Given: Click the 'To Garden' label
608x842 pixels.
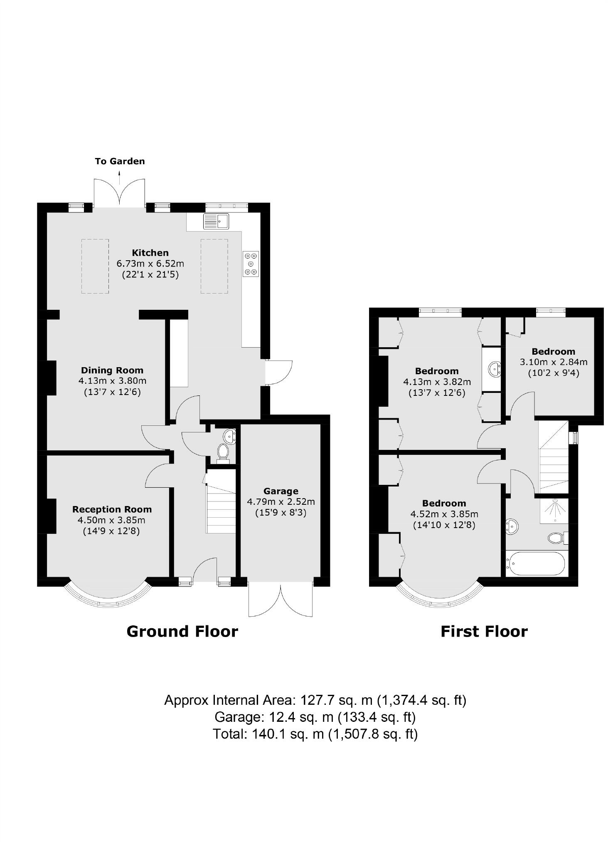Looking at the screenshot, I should [x=120, y=161].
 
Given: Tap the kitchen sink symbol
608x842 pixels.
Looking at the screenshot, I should [x=216, y=221].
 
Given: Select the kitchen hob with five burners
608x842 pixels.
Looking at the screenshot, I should [x=251, y=264].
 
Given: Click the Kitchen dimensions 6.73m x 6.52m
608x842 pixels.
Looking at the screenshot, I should [x=150, y=264].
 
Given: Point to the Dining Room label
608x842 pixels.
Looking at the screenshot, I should [x=112, y=370].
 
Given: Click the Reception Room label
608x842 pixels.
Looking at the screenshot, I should [x=112, y=509].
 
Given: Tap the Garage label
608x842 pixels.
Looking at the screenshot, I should [x=281, y=491].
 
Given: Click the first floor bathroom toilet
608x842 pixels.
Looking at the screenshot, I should [x=556, y=538].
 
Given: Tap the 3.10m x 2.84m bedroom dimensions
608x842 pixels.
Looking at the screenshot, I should [x=554, y=362].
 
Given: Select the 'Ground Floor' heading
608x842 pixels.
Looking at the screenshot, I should [x=182, y=632].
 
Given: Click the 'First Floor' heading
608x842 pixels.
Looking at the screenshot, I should [x=484, y=632].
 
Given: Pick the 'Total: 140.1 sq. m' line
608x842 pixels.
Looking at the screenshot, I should [x=315, y=734].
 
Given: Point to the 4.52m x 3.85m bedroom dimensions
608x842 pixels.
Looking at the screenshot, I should [x=444, y=514].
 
